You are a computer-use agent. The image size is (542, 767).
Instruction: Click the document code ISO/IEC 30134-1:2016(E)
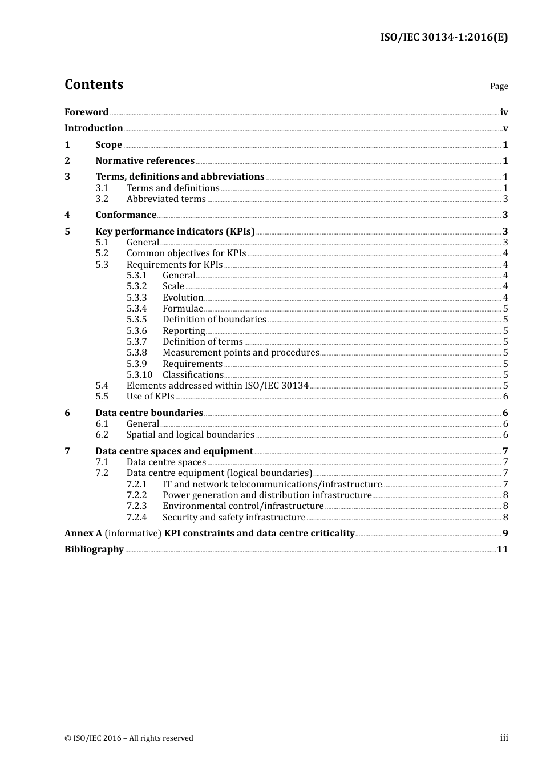pyautogui.click(x=444, y=38)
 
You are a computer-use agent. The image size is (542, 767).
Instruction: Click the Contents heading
pyautogui.click(x=94, y=84)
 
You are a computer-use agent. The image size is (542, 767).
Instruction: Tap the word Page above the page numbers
pyautogui.click(x=499, y=86)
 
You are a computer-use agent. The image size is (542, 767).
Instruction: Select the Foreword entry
pyautogui.click(x=86, y=112)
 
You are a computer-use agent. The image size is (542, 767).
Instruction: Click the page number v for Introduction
pyautogui.click(x=505, y=128)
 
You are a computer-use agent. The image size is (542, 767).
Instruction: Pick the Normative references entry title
pyautogui.click(x=145, y=161)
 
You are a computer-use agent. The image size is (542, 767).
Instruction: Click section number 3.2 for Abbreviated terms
pyautogui.click(x=102, y=199)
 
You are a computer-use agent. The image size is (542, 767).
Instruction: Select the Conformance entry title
pyautogui.click(x=126, y=215)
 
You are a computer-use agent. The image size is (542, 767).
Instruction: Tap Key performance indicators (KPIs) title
pyautogui.click(x=175, y=232)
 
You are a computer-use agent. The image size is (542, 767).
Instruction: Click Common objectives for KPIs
pyautogui.click(x=186, y=253)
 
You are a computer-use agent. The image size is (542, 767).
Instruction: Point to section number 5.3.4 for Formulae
pyautogui.click(x=136, y=309)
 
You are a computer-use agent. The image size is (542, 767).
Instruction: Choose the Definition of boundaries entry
pyautogui.click(x=214, y=320)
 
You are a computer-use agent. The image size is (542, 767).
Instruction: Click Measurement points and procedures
pyautogui.click(x=240, y=353)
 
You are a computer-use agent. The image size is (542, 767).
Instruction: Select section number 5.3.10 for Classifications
pyautogui.click(x=139, y=375)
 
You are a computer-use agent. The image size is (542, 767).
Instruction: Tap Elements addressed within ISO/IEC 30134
pyautogui.click(x=217, y=386)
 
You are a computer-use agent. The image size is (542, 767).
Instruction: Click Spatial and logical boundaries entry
pyautogui.click(x=190, y=435)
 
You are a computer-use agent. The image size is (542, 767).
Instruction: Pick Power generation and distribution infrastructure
pyautogui.click(x=266, y=495)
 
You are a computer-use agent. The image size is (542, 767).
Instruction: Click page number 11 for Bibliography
pyautogui.click(x=502, y=550)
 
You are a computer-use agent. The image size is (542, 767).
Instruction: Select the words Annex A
pyautogui.click(x=83, y=534)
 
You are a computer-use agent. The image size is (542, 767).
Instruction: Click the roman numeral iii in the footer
pyautogui.click(x=504, y=738)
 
